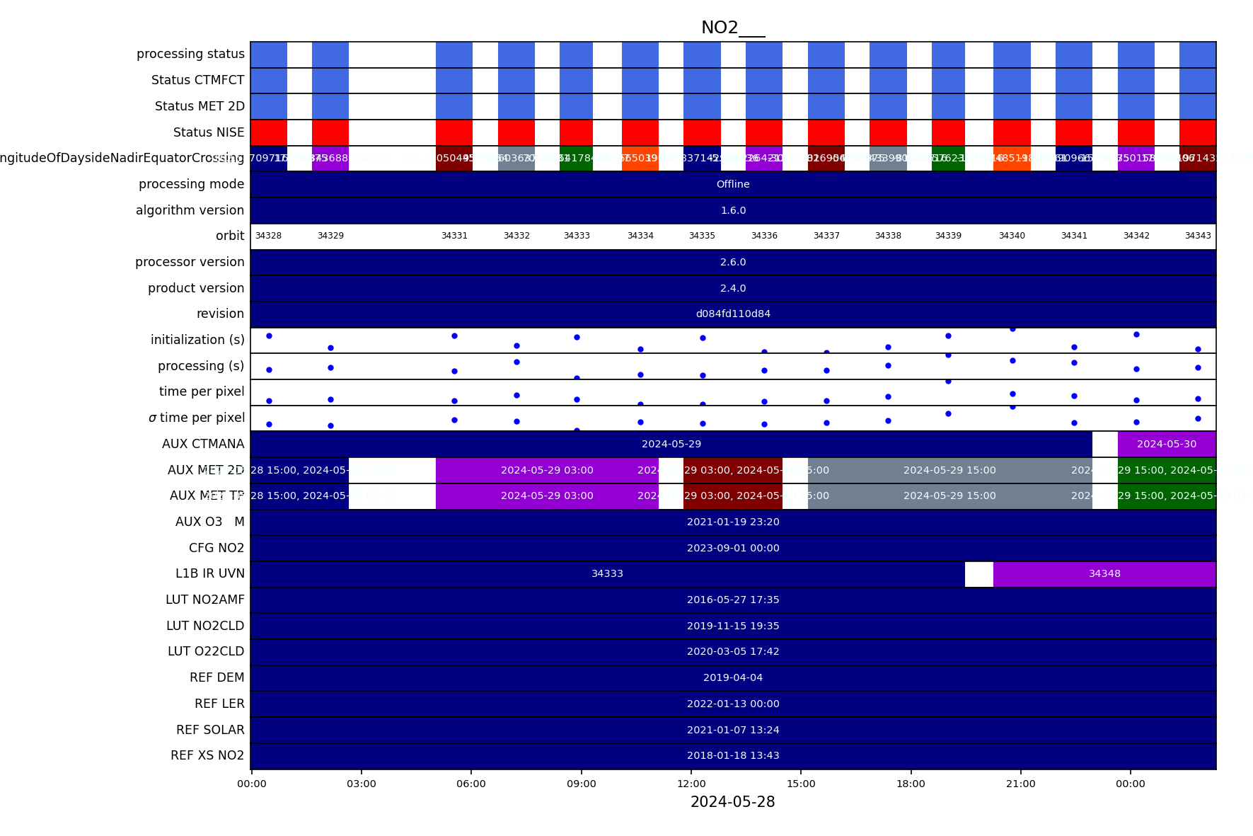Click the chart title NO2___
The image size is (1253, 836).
click(733, 28)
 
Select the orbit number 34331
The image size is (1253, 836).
click(454, 236)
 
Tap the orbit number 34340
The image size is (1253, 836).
click(1012, 236)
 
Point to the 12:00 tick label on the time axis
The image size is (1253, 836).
click(691, 784)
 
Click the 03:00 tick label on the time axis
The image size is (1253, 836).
click(362, 784)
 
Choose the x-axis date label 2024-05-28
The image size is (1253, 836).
click(732, 802)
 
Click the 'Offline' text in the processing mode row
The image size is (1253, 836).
click(733, 184)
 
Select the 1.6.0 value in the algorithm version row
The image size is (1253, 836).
click(733, 210)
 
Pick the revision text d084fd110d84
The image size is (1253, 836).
click(733, 314)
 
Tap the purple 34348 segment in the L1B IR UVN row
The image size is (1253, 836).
click(1104, 573)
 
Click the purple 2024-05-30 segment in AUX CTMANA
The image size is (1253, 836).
click(1167, 444)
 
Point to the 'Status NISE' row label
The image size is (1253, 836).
click(209, 132)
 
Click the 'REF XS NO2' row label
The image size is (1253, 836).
click(207, 755)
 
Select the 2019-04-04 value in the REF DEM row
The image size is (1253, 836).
click(733, 677)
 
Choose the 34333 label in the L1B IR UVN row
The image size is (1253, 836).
click(607, 573)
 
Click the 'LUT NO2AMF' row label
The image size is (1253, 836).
click(205, 600)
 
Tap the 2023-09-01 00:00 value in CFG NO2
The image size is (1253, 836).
click(733, 548)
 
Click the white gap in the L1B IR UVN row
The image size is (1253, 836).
click(979, 573)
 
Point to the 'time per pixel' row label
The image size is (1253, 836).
click(202, 391)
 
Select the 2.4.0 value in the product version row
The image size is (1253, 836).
click(733, 288)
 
